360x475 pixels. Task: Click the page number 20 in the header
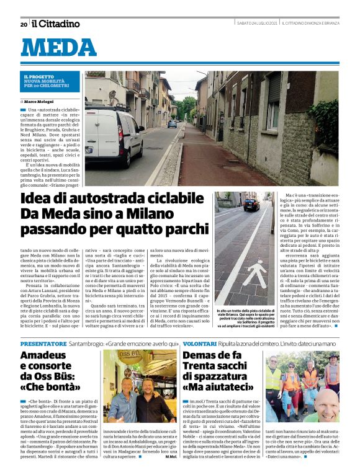24,24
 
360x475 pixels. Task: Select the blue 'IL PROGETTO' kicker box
50,80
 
